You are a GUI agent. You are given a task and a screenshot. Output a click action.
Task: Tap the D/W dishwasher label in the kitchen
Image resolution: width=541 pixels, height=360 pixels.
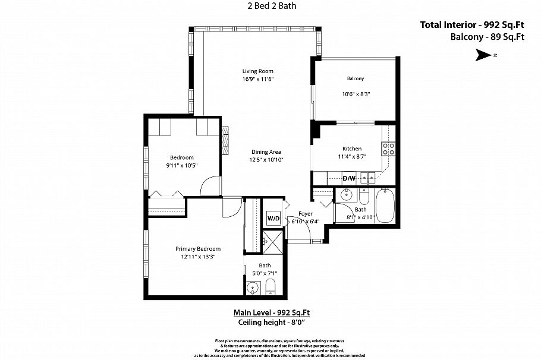(349, 178)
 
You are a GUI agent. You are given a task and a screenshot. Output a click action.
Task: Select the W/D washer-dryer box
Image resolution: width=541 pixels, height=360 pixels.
(273, 218)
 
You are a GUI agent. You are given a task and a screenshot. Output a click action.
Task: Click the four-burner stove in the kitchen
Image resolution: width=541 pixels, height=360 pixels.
(388, 149)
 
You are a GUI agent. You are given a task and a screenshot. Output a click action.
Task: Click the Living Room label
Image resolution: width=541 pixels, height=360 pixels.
(257, 71)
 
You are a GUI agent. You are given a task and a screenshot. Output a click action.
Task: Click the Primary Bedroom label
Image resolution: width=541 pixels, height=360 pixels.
(197, 249)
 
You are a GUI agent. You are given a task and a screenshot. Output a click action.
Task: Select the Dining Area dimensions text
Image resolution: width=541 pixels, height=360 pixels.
(266, 160)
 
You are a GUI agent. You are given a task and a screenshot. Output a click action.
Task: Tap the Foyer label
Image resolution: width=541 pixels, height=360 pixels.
(305, 214)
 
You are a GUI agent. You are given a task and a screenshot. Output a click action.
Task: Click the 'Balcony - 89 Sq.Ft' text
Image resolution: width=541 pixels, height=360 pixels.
(486, 37)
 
